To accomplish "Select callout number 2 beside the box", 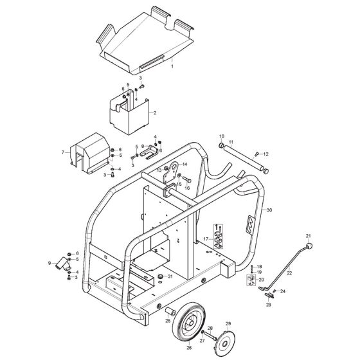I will pos(155,113).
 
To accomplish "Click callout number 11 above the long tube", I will pos(231,141).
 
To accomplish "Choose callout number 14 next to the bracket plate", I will pos(184,165).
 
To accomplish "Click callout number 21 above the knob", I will pos(308,236).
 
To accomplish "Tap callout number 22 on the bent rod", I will pos(289,273).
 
